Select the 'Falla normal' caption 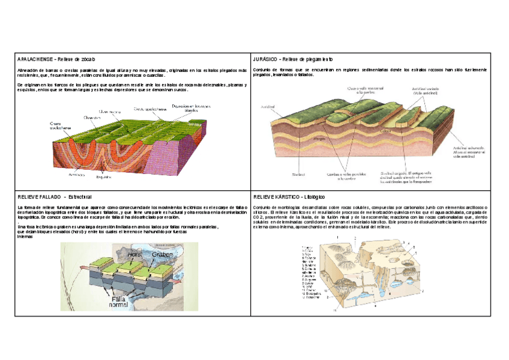click(118, 301)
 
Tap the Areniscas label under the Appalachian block click(76, 175)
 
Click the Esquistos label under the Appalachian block click(104, 177)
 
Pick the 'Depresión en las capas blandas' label click(184, 109)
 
